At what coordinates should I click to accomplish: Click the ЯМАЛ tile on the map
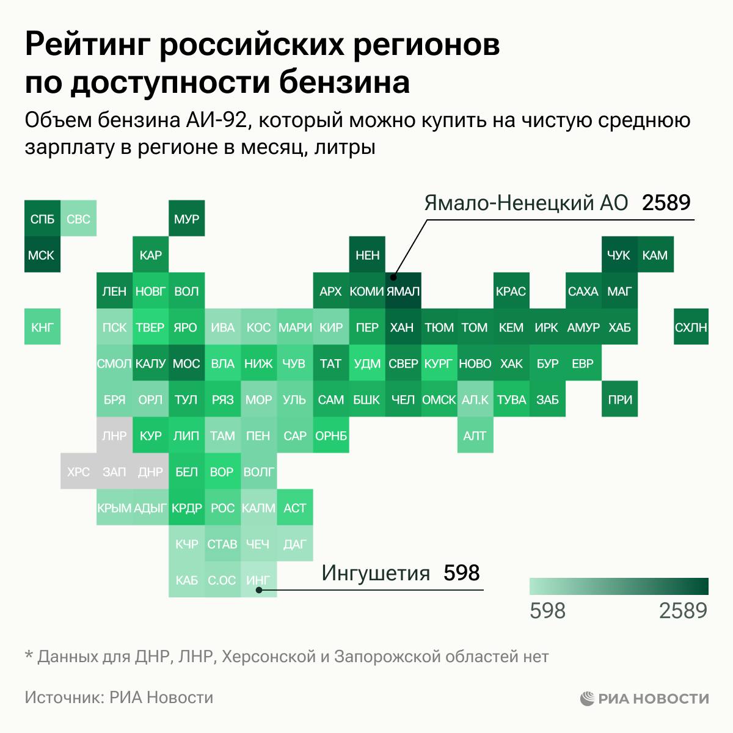tap(403, 291)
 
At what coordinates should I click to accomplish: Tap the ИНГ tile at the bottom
tap(258, 580)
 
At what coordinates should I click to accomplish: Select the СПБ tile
tap(42, 219)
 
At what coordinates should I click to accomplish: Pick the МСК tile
tap(42, 255)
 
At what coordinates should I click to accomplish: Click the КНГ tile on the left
tap(42, 327)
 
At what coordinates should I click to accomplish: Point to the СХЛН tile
tap(691, 327)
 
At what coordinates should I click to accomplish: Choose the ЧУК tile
tap(619, 255)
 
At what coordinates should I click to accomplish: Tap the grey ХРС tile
tap(78, 472)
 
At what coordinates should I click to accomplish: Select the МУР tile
tap(186, 219)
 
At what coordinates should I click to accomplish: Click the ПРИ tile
tap(619, 399)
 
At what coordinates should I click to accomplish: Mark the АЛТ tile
tap(475, 436)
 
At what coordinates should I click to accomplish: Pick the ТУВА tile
tap(511, 399)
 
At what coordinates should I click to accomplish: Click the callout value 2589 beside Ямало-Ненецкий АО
tap(666, 203)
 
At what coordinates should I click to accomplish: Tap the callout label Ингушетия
tap(376, 574)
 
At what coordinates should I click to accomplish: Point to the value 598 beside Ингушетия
tap(461, 574)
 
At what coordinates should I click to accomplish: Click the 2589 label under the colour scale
tap(683, 610)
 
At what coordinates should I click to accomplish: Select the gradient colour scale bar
tap(618, 586)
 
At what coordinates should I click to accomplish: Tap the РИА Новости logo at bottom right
tap(644, 698)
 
